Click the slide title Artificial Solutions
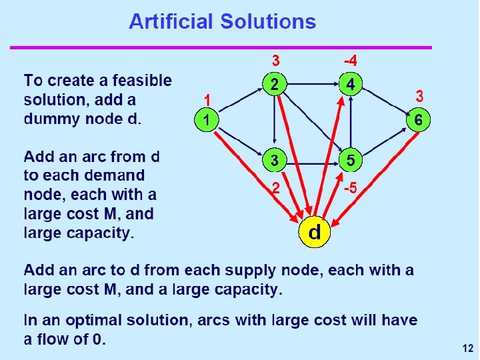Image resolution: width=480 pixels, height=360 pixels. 222,21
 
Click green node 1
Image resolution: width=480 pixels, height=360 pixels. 207,121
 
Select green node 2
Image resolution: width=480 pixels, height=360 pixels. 274,84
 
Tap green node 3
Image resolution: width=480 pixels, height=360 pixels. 274,161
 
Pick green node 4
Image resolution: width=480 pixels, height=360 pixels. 351,84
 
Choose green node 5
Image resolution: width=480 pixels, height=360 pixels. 351,161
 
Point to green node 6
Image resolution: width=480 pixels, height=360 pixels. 418,121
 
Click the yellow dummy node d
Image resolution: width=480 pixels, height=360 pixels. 314,231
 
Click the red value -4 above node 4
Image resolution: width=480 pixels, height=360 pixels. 350,61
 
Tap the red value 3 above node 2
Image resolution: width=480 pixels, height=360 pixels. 275,61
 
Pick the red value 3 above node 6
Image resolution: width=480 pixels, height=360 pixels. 419,97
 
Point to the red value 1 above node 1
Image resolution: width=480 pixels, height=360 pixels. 207,99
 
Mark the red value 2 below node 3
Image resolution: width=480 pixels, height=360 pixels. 275,188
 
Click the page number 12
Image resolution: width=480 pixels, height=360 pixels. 466,348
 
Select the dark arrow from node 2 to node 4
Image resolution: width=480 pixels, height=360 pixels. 312,84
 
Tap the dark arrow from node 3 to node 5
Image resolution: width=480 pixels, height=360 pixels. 312,161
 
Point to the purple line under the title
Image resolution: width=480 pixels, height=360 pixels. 221,47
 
